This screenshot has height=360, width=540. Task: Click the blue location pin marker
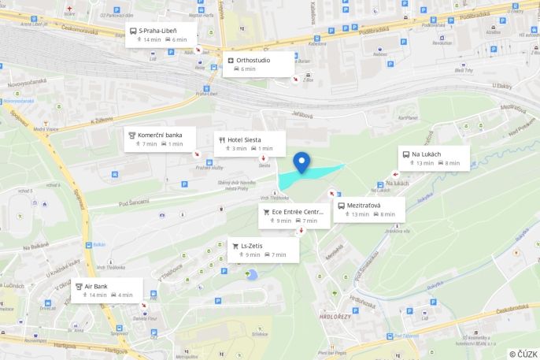tap(301, 162)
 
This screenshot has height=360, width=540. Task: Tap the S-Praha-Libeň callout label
tap(161, 34)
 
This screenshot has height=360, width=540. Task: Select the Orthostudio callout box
tap(260, 64)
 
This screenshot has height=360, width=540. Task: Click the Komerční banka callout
tap(161, 139)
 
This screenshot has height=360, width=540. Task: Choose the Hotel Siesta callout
tap(250, 143)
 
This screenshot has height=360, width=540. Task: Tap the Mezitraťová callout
tap(369, 209)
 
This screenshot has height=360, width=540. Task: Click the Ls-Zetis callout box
tap(263, 250)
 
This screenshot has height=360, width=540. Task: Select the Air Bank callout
tap(107, 290)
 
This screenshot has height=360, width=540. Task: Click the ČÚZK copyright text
tap(523, 354)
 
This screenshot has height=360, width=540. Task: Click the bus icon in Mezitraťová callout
tap(342, 206)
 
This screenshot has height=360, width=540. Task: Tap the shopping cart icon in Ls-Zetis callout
tap(235, 246)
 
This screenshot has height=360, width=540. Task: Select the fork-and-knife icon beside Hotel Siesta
tap(222, 139)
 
